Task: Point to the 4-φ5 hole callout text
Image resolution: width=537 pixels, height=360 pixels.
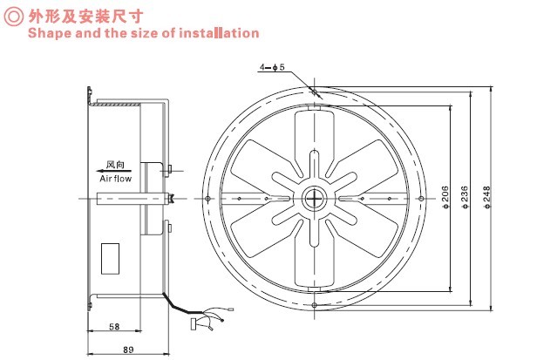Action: click(271, 67)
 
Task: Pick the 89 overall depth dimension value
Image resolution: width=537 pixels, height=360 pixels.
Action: click(129, 350)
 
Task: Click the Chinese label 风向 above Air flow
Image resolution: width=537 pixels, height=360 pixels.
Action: click(115, 165)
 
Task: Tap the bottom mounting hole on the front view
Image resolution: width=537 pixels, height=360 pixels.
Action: click(314, 308)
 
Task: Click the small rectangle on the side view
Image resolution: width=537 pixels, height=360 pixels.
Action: click(112, 256)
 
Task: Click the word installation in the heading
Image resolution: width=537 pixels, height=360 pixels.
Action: click(220, 33)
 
